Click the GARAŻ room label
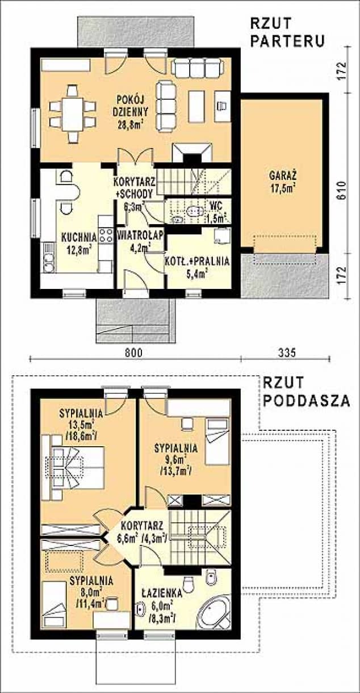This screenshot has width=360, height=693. tap(283, 176)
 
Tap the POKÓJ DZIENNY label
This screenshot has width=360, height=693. tap(132, 105)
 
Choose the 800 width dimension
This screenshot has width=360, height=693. tap(134, 352)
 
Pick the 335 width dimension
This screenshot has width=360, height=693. tap(287, 352)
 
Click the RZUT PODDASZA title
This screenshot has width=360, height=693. tap(306, 392)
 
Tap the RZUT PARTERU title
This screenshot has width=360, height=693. tap(287, 32)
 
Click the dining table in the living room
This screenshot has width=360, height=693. tap(73, 114)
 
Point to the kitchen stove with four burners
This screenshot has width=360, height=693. tap(106, 236)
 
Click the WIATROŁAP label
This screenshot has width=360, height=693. tap(140, 235)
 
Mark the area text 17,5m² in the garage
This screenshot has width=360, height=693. tap(283, 188)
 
